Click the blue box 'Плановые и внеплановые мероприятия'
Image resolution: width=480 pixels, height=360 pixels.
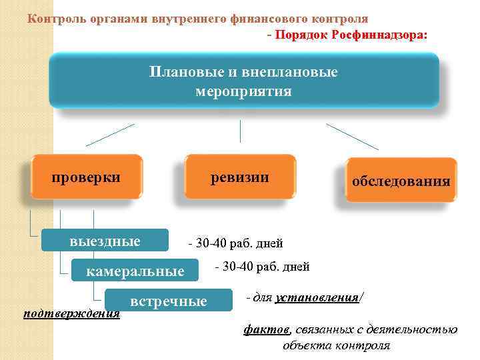pos(244,81)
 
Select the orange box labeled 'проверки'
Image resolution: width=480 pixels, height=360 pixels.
pos(87,177)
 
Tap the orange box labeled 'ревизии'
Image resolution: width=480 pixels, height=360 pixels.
pos(240,177)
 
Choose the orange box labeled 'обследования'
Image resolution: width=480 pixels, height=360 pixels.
pos(401,181)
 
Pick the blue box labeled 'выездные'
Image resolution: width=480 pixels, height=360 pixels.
pos(105,241)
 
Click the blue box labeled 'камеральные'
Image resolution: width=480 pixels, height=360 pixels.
pos(135,271)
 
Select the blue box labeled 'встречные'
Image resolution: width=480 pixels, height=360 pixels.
pos(169,301)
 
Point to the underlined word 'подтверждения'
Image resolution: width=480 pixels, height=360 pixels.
pos(71,313)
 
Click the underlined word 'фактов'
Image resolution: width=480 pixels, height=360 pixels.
pos(267,329)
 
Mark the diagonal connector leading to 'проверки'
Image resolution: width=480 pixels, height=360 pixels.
pos(110,135)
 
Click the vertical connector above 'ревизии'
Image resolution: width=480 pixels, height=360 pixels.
pos(240,131)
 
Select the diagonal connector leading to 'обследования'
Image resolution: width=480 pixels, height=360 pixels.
pos(352,136)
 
